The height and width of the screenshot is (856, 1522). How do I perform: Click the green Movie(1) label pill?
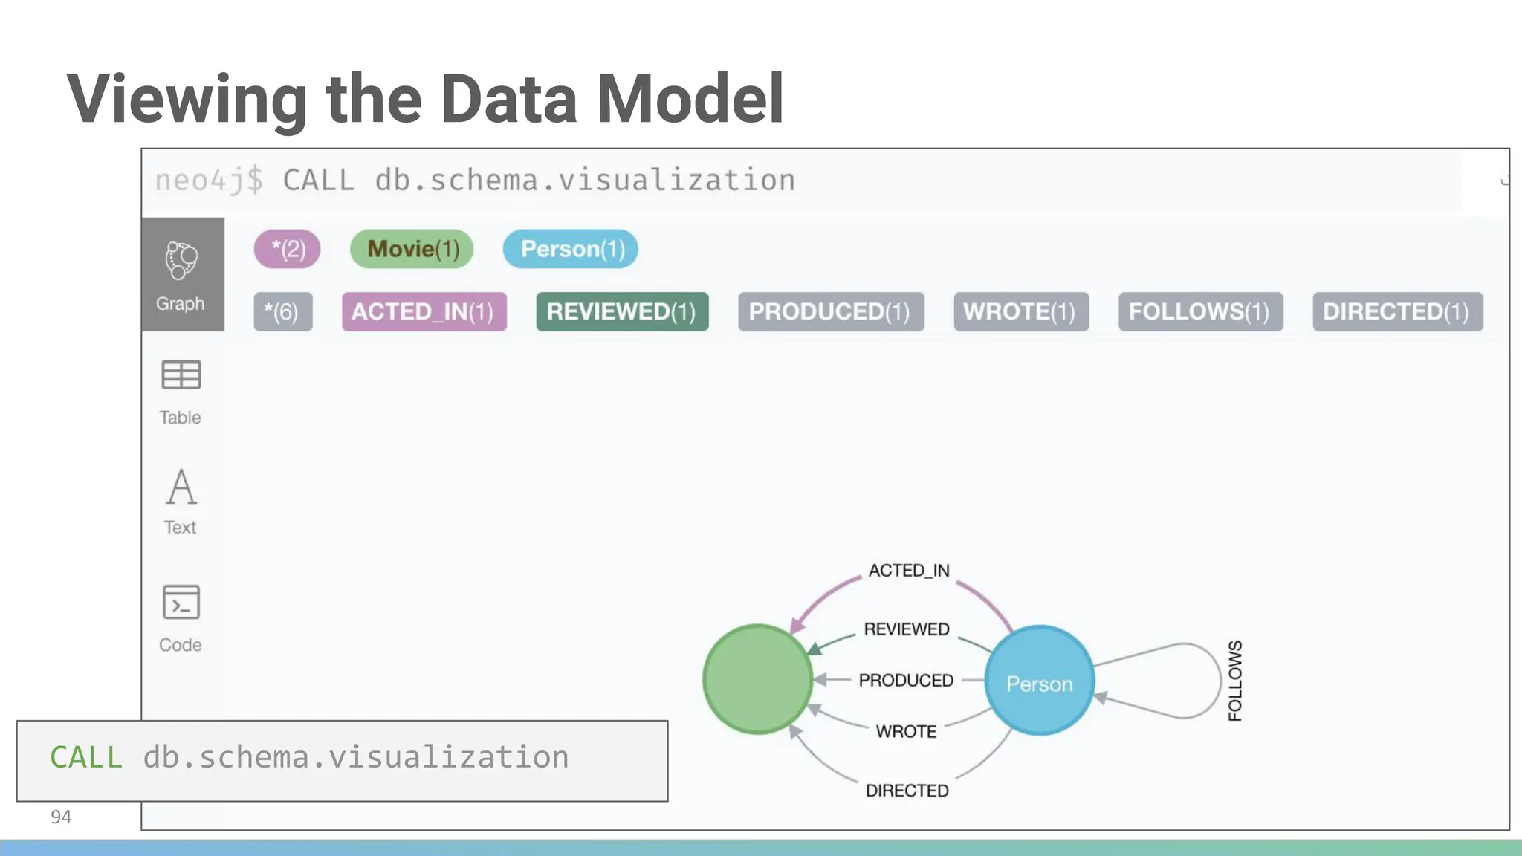click(412, 249)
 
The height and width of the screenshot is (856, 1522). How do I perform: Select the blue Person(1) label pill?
click(570, 249)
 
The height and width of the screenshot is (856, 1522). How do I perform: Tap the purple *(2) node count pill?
click(287, 249)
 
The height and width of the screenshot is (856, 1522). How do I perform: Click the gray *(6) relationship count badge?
click(282, 311)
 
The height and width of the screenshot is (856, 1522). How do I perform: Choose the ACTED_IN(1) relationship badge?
click(424, 311)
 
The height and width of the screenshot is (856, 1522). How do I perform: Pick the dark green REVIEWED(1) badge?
click(622, 311)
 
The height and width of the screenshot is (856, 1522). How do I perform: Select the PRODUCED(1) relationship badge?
click(830, 311)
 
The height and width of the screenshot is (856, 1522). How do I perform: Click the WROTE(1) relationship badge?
click(1020, 311)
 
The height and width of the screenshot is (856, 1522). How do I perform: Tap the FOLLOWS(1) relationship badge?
click(1200, 311)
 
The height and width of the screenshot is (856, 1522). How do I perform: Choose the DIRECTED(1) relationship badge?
click(1397, 311)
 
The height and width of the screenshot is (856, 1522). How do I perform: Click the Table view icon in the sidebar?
click(181, 375)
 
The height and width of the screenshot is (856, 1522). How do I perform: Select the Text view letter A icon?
click(181, 487)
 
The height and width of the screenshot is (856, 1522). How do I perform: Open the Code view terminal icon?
click(181, 602)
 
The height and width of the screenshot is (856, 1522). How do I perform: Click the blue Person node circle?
click(1039, 681)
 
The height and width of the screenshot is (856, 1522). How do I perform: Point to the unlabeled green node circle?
click(757, 679)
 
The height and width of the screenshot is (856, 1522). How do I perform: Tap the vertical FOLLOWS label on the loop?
click(1235, 680)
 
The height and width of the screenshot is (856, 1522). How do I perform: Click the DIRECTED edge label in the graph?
click(907, 791)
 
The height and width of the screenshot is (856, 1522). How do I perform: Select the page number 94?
click(61, 817)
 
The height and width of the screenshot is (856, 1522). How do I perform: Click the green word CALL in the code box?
click(86, 757)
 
